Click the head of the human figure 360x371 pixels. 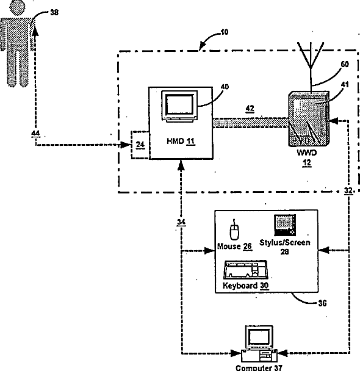[17, 7]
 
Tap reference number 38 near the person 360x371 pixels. [54, 12]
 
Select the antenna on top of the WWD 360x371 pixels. [311, 67]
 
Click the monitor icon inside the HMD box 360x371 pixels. [179, 106]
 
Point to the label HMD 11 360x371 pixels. [181, 141]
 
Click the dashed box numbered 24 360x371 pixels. [140, 145]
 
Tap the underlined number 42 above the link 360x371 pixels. [250, 109]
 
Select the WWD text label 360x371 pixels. [307, 153]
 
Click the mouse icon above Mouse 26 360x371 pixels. [234, 229]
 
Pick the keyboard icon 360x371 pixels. [245, 270]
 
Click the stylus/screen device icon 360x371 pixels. [285, 225]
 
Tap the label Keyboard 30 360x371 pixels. [245, 286]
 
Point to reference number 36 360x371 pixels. [322, 303]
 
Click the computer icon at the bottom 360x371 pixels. [259, 344]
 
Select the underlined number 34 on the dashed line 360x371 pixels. [181, 222]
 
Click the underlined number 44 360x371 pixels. [35, 134]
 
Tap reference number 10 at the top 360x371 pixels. [225, 32]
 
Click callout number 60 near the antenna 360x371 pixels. [345, 64]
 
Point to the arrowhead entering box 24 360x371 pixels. [126, 145]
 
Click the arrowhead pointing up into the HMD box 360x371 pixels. [181, 165]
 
